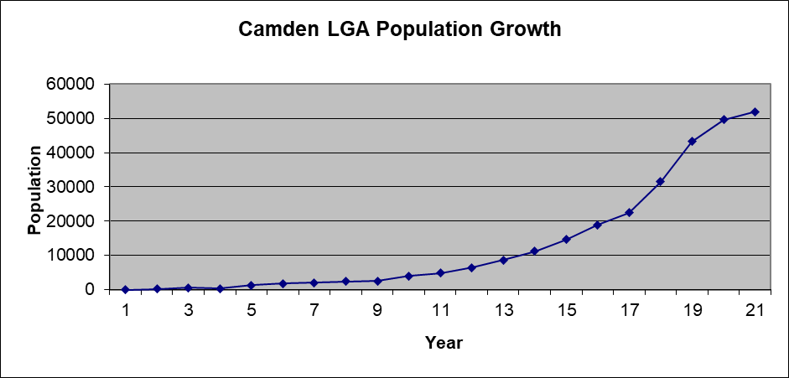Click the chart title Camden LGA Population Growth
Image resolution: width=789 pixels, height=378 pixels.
click(400, 30)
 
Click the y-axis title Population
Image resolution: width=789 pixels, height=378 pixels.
click(35, 190)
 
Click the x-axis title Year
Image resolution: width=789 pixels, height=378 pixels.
click(444, 343)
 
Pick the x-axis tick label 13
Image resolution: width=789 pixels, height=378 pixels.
click(503, 311)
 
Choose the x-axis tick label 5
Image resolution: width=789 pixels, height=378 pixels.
click(252, 311)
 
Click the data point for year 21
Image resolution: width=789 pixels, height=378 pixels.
click(755, 111)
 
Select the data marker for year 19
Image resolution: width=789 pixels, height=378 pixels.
click(692, 141)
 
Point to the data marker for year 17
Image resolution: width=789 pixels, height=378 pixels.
click(629, 212)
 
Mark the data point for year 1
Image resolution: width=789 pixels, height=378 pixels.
click(125, 289)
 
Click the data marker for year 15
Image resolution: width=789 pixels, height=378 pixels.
click(566, 239)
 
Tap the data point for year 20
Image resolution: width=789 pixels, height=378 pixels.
click(724, 119)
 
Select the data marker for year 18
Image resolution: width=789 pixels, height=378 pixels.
click(661, 181)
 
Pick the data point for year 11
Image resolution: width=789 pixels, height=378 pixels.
click(440, 272)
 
